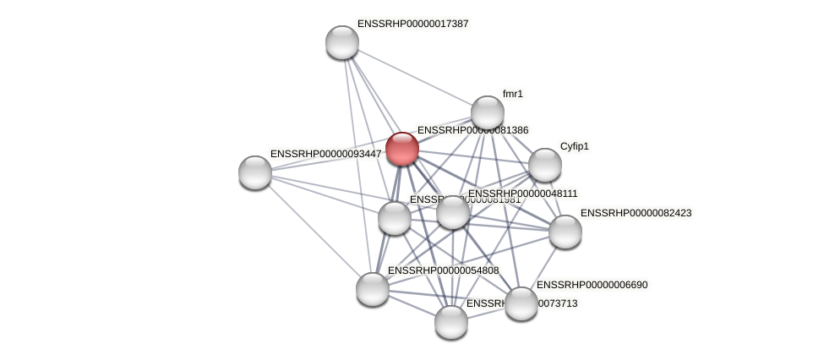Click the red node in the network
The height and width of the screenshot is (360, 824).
402,149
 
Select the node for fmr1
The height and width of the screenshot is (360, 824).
488,112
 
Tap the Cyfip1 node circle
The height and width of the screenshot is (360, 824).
544,165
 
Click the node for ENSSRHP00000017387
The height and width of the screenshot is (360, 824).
342,42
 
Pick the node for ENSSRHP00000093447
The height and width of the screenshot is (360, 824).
255,172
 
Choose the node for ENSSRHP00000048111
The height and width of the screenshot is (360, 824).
453,212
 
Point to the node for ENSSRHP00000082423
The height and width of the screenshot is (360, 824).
565,232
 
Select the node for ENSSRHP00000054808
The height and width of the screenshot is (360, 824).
373,289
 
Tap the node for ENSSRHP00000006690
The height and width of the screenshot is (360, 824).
521,303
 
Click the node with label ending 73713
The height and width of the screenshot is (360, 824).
451,322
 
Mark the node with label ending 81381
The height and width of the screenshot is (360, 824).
395,218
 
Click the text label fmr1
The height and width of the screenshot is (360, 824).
513,94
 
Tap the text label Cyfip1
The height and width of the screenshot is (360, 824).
575,146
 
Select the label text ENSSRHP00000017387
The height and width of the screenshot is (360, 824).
412,24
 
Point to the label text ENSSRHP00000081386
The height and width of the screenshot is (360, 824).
473,130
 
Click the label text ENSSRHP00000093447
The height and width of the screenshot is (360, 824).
326,154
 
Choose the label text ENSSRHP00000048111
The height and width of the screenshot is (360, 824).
523,194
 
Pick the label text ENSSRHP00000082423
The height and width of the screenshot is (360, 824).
636,213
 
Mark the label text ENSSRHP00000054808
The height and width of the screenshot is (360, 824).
444,270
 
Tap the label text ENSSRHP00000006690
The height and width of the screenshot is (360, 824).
592,285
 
